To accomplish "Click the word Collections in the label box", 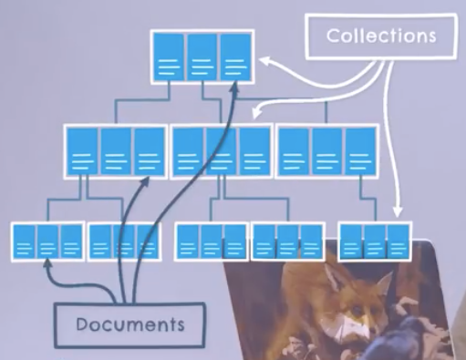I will coord(381,37).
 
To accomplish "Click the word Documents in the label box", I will coord(129,324).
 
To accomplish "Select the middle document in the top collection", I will coord(202,57).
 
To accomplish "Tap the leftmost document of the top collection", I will coord(169,57).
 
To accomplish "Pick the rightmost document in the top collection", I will coord(234,57).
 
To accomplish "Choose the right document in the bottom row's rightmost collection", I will coord(397,242).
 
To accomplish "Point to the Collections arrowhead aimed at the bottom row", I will coord(397,215).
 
